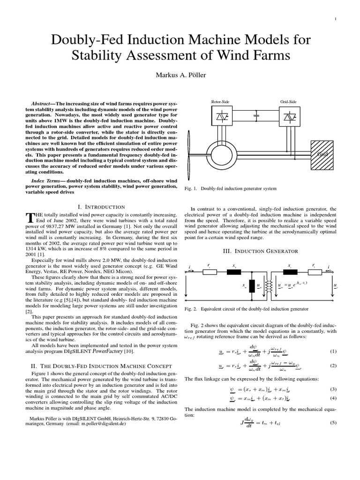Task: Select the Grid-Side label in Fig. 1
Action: coord(288,101)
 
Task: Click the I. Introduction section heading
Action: coord(100,207)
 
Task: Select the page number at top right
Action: coord(337,19)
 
